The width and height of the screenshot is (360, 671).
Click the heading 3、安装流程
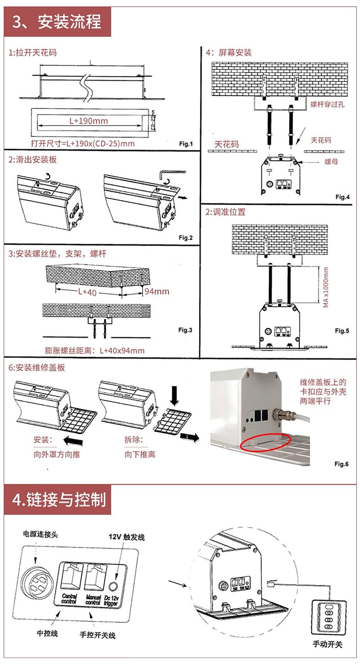tap(57, 22)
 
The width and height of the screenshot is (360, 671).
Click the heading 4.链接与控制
tap(59, 500)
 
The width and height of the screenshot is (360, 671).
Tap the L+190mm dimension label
tap(89, 121)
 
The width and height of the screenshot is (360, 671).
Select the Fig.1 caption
tap(186, 144)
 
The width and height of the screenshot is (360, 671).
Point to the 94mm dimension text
tap(157, 291)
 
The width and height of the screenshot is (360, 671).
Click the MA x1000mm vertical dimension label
tap(326, 287)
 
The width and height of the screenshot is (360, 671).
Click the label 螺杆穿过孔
tap(327, 104)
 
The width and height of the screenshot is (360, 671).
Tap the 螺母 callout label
tap(331, 162)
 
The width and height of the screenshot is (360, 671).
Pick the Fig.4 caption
tap(342, 197)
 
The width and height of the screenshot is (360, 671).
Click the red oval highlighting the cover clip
tap(266, 442)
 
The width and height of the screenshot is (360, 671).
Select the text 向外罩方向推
tap(57, 455)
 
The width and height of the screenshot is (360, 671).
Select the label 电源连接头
tap(40, 534)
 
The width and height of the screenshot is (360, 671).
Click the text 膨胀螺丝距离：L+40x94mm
tap(95, 350)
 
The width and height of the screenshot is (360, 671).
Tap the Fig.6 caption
tap(341, 464)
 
